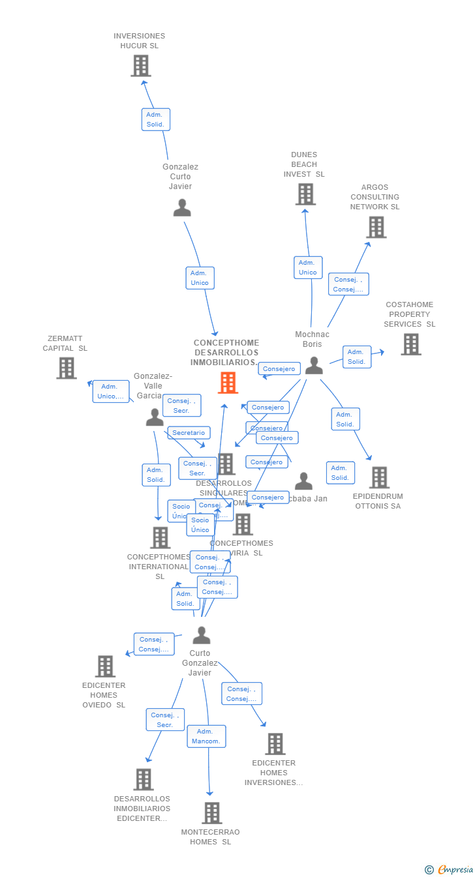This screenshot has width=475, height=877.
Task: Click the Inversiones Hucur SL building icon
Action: tap(141, 66)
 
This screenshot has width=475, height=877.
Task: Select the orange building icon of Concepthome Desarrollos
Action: tap(228, 383)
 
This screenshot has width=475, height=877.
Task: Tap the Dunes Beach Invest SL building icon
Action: tap(305, 194)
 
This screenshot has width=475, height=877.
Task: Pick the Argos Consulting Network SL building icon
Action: tap(376, 227)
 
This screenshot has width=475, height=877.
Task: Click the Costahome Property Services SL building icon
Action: tap(410, 344)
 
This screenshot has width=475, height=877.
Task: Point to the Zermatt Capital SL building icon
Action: tap(67, 368)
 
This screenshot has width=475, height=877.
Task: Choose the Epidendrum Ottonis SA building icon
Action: tap(379, 477)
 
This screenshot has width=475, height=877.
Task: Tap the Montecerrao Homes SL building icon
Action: tap(211, 813)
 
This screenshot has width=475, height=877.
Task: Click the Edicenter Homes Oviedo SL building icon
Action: tap(105, 666)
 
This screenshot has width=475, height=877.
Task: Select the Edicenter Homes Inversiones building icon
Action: tap(275, 744)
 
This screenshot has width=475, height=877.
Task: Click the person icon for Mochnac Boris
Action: tap(314, 366)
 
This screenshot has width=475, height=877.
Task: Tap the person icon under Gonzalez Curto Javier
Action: tap(182, 208)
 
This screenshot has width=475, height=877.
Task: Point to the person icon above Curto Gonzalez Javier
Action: tap(202, 635)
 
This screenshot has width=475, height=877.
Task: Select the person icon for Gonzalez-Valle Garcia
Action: tap(155, 417)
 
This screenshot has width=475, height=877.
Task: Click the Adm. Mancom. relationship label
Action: tap(206, 736)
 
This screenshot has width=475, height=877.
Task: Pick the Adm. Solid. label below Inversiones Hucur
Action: tap(155, 119)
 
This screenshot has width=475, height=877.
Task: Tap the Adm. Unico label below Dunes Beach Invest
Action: tap(307, 267)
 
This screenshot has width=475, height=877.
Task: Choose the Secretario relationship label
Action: tap(189, 433)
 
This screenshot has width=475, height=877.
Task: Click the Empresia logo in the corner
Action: tap(450, 869)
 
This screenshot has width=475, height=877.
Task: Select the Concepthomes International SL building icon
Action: tap(161, 538)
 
